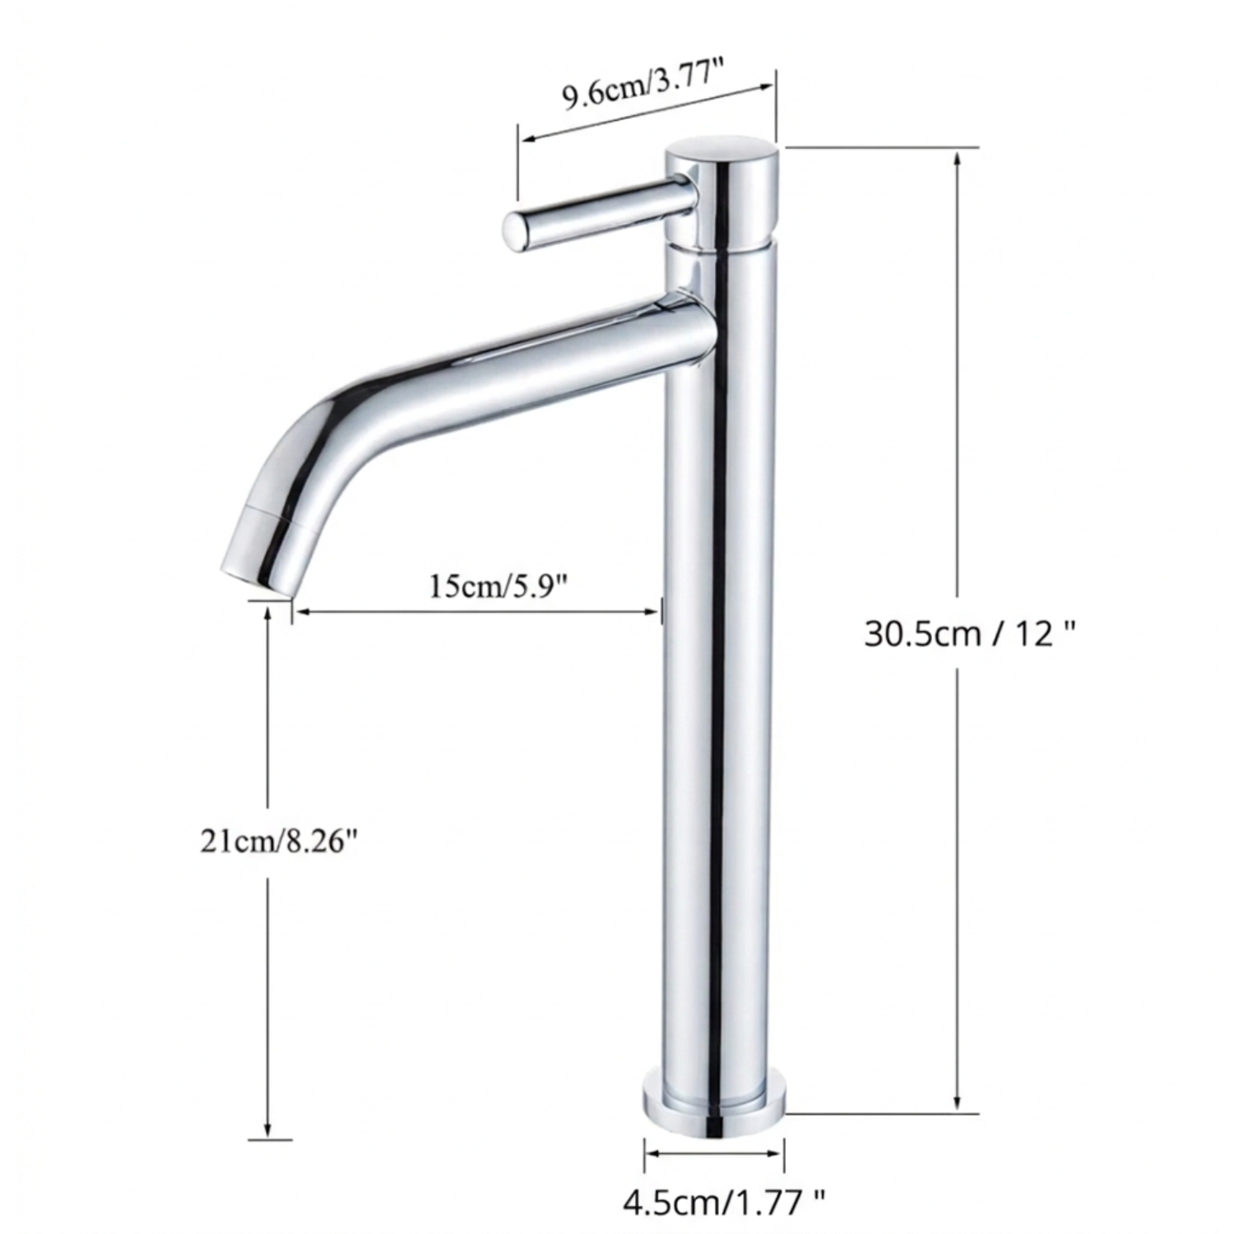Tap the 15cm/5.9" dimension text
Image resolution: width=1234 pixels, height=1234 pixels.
pyautogui.click(x=499, y=587)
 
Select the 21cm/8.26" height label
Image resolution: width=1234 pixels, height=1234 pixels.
pyautogui.click(x=280, y=842)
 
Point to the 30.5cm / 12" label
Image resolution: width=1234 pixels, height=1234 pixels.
pyautogui.click(x=970, y=633)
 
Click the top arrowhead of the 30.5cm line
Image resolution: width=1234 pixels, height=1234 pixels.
pyautogui.click(x=956, y=158)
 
